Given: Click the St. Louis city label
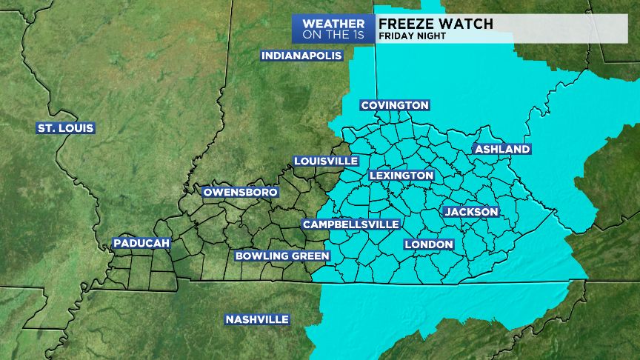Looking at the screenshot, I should click(66, 128).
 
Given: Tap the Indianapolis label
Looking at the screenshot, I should click(301, 56).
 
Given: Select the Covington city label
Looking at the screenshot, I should click(395, 105).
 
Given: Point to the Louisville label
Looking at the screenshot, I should click(326, 161).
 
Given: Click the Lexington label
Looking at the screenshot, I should click(401, 176).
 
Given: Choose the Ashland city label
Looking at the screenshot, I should click(503, 149).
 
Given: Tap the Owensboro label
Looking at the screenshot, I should click(241, 192).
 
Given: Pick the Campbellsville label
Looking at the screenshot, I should click(351, 224).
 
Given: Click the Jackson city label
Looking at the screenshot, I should click(472, 212).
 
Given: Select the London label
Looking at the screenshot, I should click(429, 244).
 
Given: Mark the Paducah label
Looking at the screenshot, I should click(142, 243).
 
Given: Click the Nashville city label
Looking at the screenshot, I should click(257, 319).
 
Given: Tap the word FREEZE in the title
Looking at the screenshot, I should click(410, 23).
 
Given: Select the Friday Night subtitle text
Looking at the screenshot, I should click(412, 36).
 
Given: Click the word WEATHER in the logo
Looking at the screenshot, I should click(333, 24).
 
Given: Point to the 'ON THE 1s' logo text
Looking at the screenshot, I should click(333, 34).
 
